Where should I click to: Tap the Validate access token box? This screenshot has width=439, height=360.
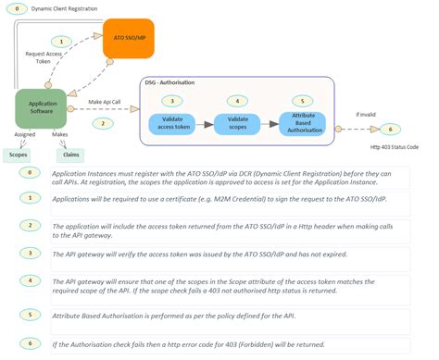(173, 123)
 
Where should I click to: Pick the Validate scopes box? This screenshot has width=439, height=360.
(237, 123)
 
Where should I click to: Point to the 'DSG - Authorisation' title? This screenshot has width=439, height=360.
(177, 83)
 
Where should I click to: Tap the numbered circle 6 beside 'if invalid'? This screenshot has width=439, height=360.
(391, 129)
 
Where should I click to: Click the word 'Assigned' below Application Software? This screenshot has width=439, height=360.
(24, 133)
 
